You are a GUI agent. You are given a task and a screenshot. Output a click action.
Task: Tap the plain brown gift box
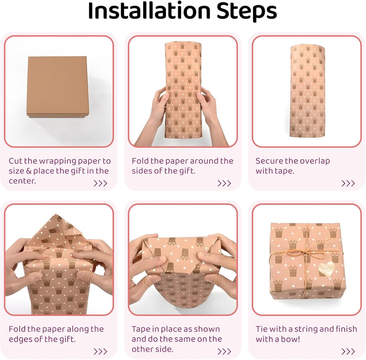(x=58, y=87)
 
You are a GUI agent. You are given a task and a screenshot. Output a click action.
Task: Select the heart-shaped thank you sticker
(x=326, y=269)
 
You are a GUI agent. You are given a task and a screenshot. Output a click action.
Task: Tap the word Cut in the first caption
(x=15, y=161)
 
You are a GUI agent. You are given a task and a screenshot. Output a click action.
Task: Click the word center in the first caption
(x=23, y=181)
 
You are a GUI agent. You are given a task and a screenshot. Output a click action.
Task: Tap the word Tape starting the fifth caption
(x=141, y=329)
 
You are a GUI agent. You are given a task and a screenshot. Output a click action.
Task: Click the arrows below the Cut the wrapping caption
(x=100, y=184)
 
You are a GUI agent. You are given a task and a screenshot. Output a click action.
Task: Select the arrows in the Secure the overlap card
(x=348, y=184)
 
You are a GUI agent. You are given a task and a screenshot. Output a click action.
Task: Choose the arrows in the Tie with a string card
(x=348, y=351)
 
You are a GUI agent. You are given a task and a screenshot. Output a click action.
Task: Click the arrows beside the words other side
(x=224, y=351)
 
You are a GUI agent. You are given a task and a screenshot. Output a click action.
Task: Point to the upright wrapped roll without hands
(x=307, y=91)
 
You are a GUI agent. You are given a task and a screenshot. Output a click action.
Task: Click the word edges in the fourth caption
(x=20, y=340)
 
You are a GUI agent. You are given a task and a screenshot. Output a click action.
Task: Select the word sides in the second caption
(x=142, y=171)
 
